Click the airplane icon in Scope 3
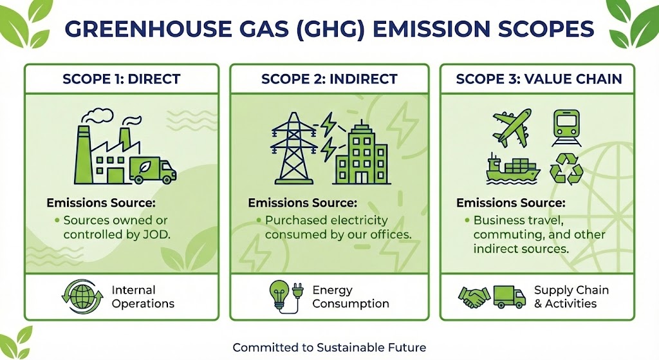coord(512,128)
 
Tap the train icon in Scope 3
coord(566,128)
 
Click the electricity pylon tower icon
coord(293,148)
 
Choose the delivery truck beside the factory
coord(153,171)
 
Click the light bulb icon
coord(280,295)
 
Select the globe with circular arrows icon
coord(82,296)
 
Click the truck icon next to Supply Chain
coord(510,297)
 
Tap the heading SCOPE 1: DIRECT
coord(122,79)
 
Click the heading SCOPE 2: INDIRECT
coord(329,79)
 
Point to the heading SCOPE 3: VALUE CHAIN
coord(539,79)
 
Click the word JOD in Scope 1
coord(155,234)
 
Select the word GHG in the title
coord(329,28)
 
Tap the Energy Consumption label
coord(351,297)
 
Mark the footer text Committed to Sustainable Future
coord(329,348)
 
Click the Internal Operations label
coord(143,297)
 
